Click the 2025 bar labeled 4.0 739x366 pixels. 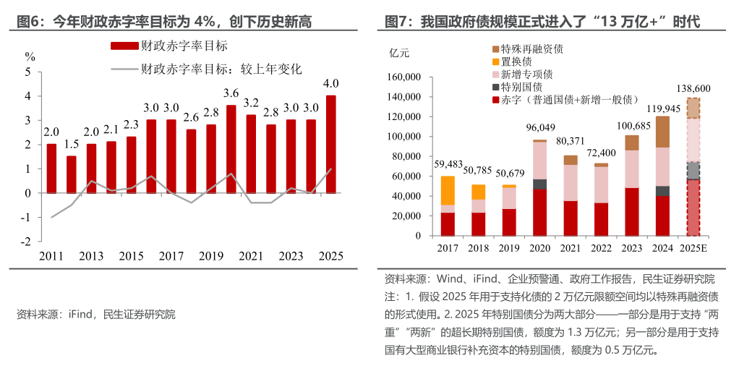[x=330, y=145]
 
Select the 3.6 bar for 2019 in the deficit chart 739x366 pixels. [x=231, y=149]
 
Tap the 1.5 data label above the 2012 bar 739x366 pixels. [x=71, y=144]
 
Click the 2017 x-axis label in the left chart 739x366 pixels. [x=171, y=256]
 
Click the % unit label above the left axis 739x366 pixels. [x=30, y=56]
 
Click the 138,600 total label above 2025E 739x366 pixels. [x=693, y=88]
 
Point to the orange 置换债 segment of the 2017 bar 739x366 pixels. [x=448, y=190]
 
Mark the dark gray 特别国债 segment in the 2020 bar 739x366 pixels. [x=539, y=184]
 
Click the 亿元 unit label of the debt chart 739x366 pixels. [x=399, y=54]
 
